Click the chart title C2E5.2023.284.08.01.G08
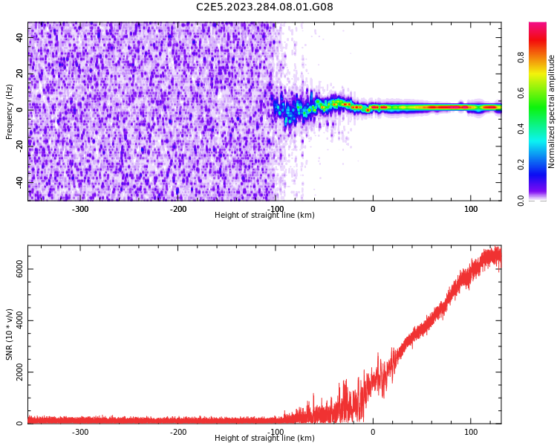[264, 7]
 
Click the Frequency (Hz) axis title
[10, 111]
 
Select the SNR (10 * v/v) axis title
[10, 334]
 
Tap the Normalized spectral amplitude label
[552, 111]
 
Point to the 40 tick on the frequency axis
[20, 37]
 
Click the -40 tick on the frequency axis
[20, 181]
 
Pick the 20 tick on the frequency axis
[20, 73]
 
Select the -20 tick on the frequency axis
[20, 146]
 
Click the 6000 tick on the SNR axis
[20, 270]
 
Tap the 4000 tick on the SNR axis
[20, 321]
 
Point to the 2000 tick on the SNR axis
[20, 372]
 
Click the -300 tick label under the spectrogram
[80, 209]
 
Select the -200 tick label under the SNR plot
[178, 432]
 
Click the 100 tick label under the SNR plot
[471, 432]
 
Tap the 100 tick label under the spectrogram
[471, 209]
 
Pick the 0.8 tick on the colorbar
[521, 56]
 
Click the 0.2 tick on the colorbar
[521, 164]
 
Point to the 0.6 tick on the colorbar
[521, 92]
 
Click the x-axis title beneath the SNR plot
[264, 439]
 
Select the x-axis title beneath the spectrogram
[264, 216]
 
